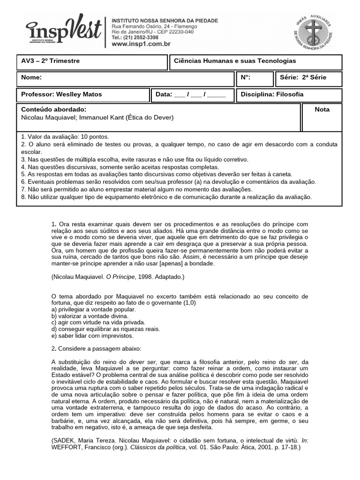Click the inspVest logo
tap(64, 32)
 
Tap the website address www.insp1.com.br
tap(141, 44)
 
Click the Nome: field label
tap(32, 77)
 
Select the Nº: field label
tap(246, 77)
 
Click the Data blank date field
tap(200, 95)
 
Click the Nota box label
tap(322, 110)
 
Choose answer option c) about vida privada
tap(91, 322)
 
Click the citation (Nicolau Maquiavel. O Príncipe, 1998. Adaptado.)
tap(118, 277)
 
